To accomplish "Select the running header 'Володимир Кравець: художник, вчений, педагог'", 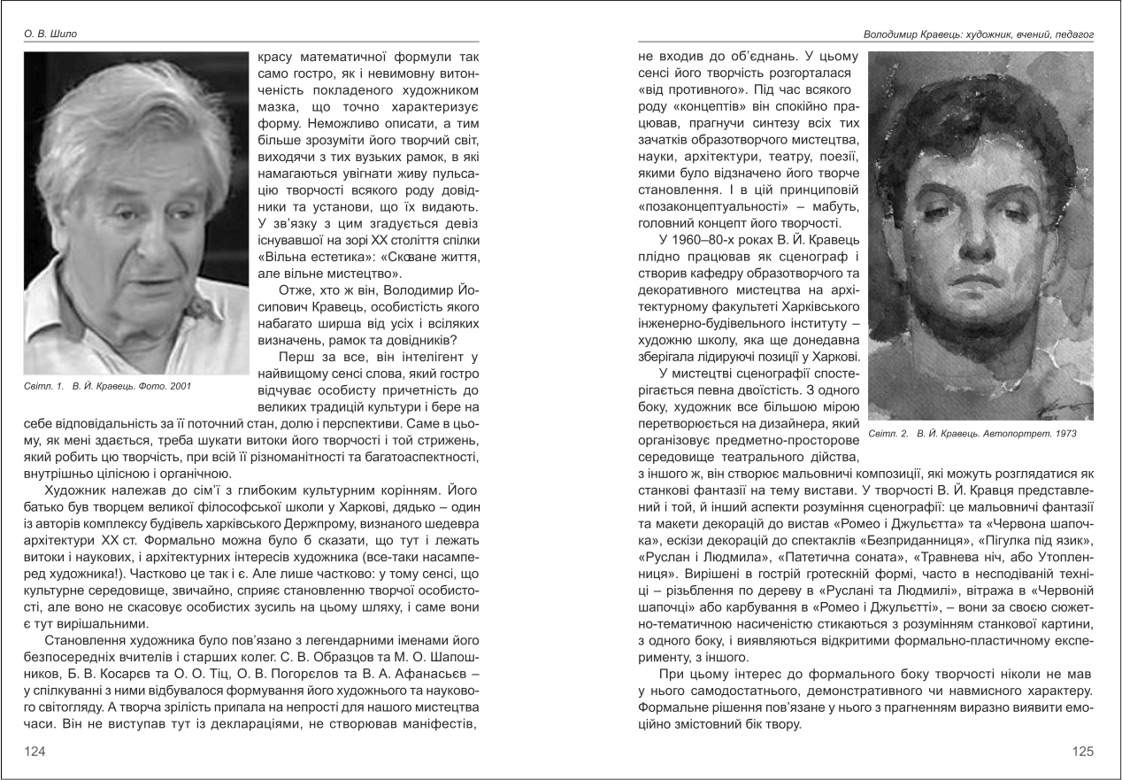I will (979, 34).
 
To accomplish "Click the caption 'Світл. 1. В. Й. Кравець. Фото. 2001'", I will (108, 386).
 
